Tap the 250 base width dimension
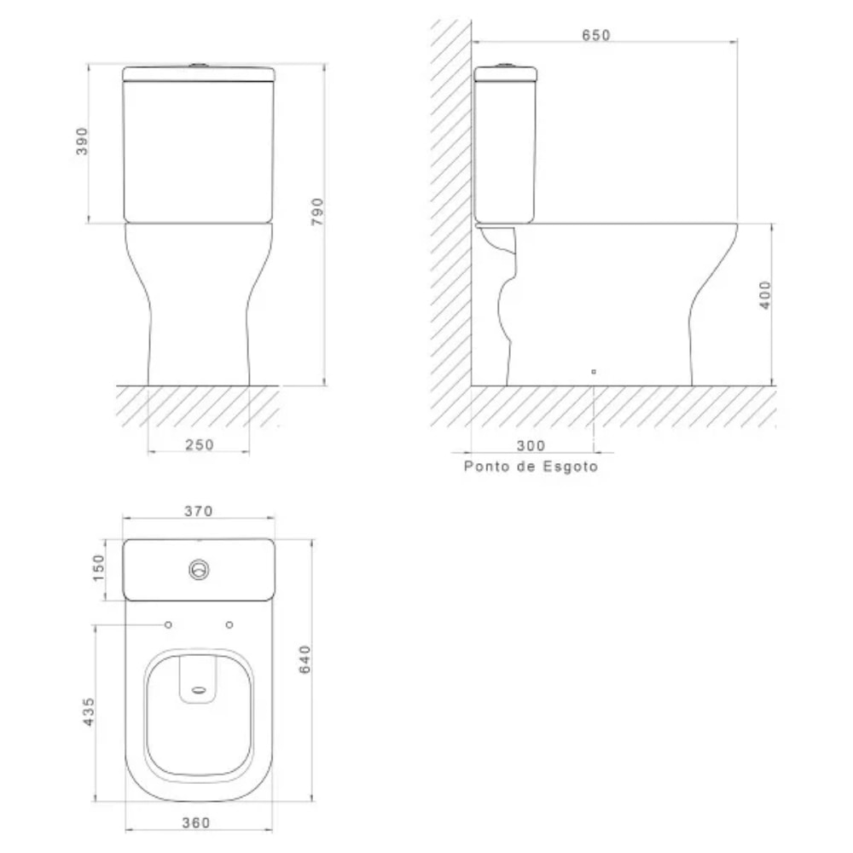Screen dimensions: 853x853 tap(200, 444)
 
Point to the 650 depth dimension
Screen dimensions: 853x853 tap(596, 35)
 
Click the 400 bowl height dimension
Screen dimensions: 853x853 tap(765, 295)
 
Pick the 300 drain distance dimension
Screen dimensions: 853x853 tap(530, 445)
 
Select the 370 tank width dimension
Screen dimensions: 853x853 tap(198, 511)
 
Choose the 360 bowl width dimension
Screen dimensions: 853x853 tap(196, 822)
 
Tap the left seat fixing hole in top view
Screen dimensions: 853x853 tap(168, 625)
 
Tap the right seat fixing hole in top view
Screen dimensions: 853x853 tap(229, 625)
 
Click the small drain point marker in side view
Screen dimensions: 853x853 tap(594, 372)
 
